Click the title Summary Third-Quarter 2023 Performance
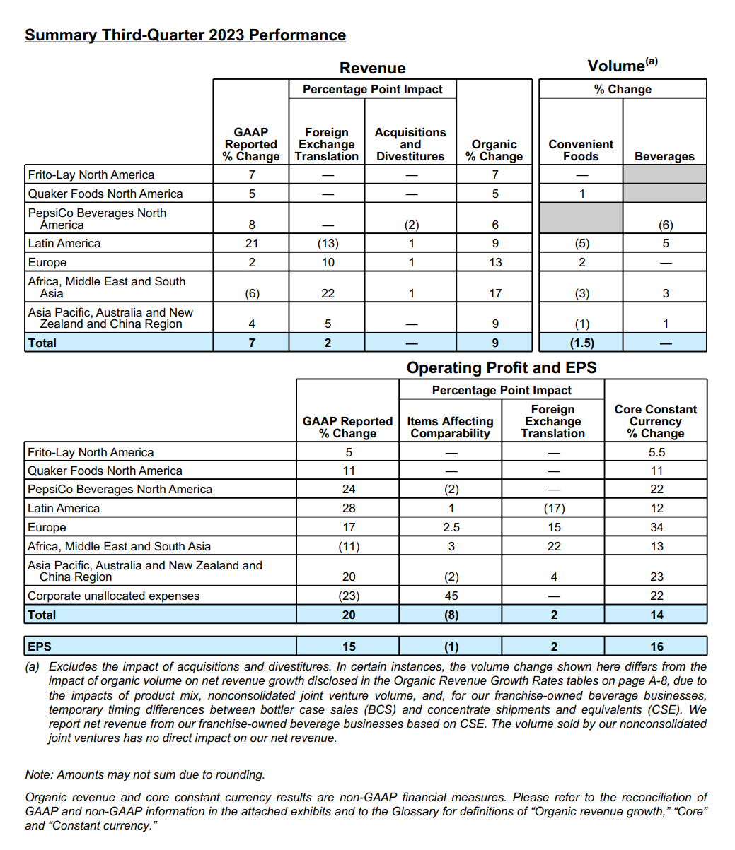coord(185,35)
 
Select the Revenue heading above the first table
coord(372,69)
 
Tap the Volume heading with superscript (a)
coord(622,66)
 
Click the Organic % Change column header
coord(494,150)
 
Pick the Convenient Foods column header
coord(581,150)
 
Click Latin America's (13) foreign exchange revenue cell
coord(327,244)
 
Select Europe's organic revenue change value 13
coord(495,262)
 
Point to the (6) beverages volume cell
coord(665,225)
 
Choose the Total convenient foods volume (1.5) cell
coord(581,343)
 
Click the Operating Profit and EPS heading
coord(502,368)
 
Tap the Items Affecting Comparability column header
coord(451,427)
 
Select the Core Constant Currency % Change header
coord(656,421)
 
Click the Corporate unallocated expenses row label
coord(114,596)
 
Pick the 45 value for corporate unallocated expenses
coord(451,596)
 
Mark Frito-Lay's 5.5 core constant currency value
coord(656,452)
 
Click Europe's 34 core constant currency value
coord(656,527)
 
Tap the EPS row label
coord(40,647)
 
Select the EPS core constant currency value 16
coord(656,647)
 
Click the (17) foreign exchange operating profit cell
coord(554,508)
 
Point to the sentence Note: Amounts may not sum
coord(145,774)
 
